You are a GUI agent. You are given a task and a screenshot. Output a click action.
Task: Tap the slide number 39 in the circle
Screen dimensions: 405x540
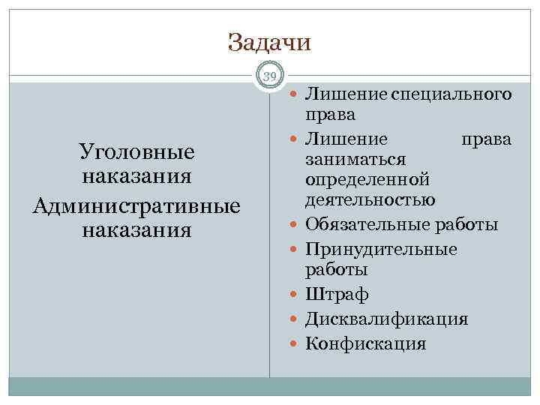tap(270, 75)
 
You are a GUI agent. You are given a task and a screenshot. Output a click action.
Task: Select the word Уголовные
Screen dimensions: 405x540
tap(136, 152)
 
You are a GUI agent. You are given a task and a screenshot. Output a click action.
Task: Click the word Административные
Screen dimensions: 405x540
tap(136, 204)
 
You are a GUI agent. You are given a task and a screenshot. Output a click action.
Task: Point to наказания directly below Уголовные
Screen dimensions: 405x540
tap(136, 178)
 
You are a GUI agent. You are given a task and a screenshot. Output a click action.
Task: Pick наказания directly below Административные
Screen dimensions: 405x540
tap(136, 229)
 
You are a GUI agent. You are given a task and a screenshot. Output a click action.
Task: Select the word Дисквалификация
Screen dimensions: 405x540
tap(385, 319)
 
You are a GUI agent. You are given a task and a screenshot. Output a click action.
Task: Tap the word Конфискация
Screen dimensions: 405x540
tap(365, 344)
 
